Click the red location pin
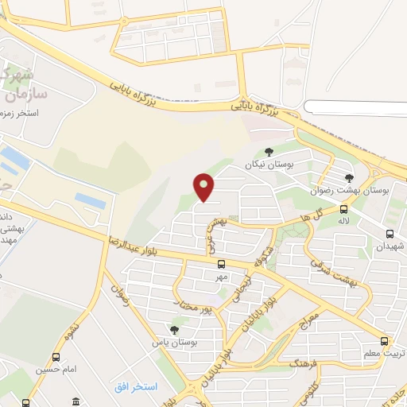click(x=204, y=186)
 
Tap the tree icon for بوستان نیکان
click(x=269, y=152)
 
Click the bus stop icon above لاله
click(x=343, y=210)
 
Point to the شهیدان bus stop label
click(x=390, y=246)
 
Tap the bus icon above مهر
click(x=221, y=264)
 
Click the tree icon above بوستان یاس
click(x=174, y=330)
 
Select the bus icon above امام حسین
click(x=55, y=357)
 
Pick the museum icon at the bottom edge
click(x=75, y=400)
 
